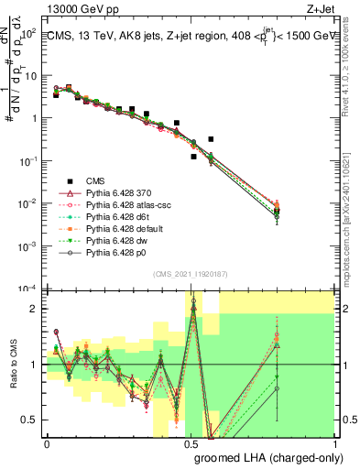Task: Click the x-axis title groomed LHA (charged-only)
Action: click(265, 457)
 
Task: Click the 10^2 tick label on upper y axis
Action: click(29, 33)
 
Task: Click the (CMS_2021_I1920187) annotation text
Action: click(190, 274)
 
